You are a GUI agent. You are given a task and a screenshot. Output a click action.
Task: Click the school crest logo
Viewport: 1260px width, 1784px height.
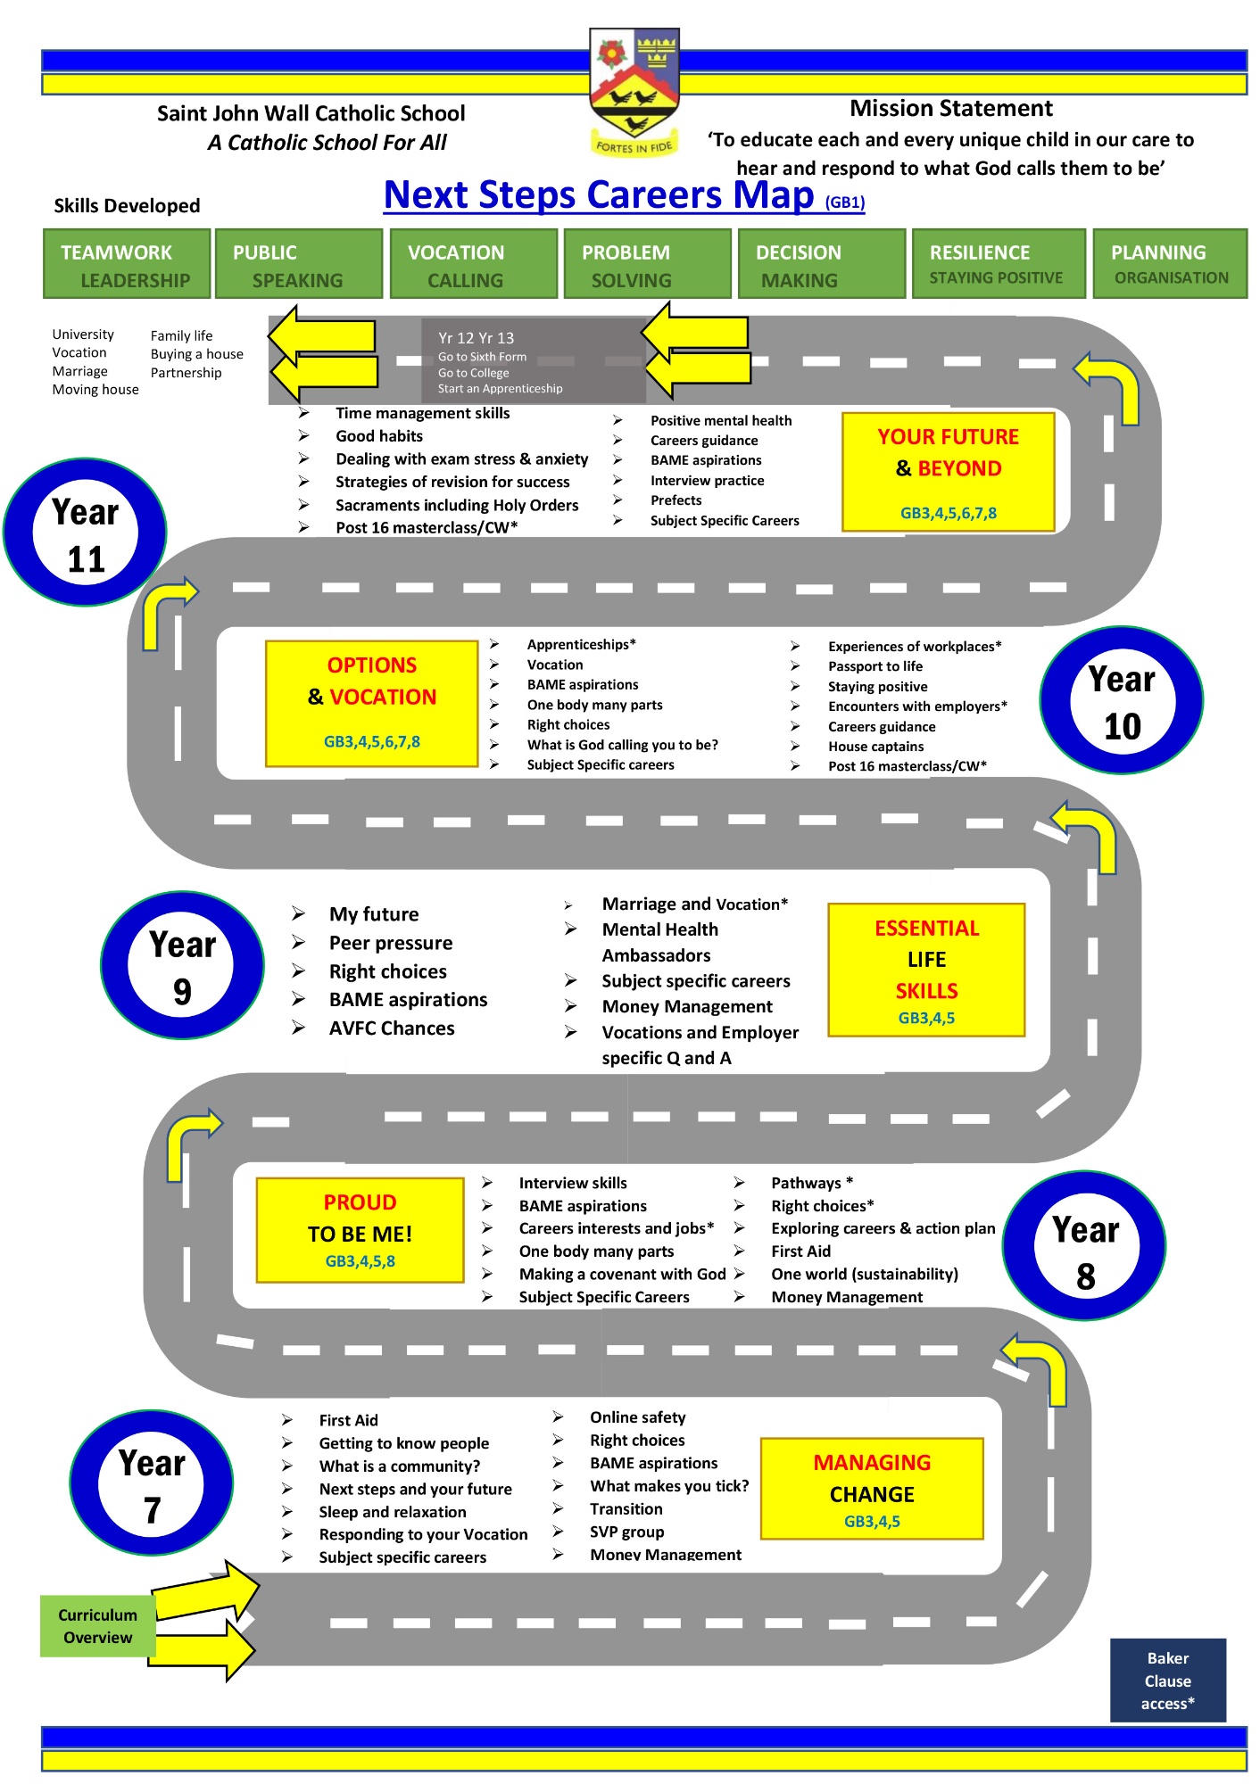click(x=634, y=92)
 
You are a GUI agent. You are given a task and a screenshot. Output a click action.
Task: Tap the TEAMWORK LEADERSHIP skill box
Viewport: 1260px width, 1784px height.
click(x=127, y=264)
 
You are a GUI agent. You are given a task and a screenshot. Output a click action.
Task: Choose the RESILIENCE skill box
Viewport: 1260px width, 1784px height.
click(x=996, y=264)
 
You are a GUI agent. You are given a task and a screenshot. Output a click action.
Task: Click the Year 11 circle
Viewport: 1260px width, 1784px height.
click(x=86, y=533)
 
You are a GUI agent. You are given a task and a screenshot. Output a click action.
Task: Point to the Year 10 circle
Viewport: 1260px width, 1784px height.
click(x=1122, y=701)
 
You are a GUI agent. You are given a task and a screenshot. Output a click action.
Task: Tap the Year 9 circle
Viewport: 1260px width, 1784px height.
click(x=182, y=965)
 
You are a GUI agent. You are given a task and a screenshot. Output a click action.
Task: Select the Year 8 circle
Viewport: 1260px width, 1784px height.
click(x=1085, y=1246)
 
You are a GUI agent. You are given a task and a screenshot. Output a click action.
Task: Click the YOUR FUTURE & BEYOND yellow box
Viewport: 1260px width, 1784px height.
click(x=949, y=472)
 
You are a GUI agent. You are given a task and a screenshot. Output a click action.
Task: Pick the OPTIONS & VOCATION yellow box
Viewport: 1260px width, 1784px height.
click(x=372, y=703)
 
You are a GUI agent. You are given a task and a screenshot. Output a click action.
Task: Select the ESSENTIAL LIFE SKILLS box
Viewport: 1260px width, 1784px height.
click(x=926, y=970)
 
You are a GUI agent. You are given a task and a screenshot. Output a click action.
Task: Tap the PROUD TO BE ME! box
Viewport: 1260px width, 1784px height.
click(x=360, y=1230)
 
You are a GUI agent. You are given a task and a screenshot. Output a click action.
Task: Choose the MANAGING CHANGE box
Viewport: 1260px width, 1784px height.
click(x=872, y=1489)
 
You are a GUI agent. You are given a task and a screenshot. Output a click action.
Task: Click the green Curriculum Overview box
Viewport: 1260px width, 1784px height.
click(x=98, y=1626)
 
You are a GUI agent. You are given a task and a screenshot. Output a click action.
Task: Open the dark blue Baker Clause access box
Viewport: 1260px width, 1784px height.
click(x=1168, y=1681)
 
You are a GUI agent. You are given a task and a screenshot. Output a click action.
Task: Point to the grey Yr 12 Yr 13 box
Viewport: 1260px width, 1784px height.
click(x=534, y=361)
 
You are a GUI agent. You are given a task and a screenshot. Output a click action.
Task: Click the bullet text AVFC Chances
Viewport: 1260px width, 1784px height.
click(x=392, y=1028)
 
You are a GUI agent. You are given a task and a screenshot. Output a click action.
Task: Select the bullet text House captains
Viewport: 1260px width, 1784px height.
click(x=875, y=747)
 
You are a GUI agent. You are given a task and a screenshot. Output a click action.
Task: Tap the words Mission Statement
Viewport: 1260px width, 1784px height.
click(x=951, y=109)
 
